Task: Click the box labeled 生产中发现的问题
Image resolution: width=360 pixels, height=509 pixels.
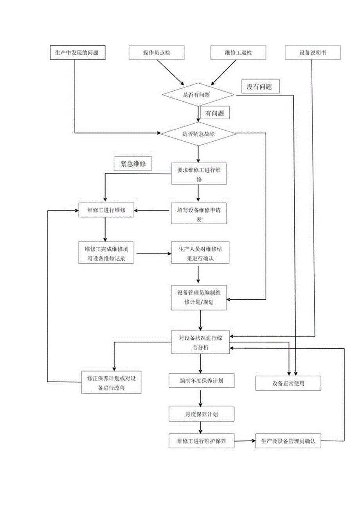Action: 78,52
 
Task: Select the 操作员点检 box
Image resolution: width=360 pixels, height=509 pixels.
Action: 157,52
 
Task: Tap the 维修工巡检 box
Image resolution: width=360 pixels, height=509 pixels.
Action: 238,52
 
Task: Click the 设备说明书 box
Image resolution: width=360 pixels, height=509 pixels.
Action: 313,52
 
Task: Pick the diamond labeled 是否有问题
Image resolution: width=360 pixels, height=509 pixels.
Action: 198,94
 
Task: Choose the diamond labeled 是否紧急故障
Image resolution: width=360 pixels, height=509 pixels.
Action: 198,133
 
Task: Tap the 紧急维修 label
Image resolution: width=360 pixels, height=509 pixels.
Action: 133,164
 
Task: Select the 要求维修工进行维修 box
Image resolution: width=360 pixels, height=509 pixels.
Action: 199,173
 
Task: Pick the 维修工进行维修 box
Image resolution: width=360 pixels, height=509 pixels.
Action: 106,210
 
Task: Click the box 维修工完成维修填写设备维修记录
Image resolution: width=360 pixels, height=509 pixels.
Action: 106,253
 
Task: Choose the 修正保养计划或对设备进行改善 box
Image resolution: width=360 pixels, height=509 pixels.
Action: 111,382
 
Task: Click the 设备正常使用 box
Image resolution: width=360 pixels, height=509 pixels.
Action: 288,383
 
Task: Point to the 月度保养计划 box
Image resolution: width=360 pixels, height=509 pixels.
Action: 202,413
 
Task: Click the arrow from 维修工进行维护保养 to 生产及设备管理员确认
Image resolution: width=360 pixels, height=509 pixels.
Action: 245,441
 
